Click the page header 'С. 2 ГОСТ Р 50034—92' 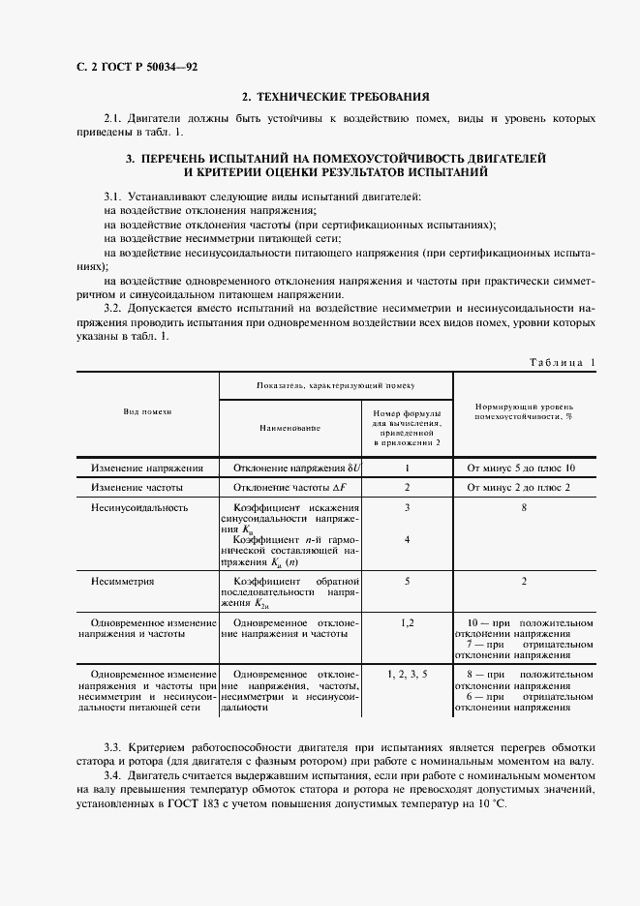[x=110, y=67]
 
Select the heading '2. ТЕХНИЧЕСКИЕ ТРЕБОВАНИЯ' [x=336, y=96]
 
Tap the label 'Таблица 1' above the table [x=563, y=362]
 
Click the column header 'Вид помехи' [x=147, y=411]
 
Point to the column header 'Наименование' [x=290, y=427]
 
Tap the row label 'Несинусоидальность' [x=139, y=507]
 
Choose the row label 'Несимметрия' [x=123, y=582]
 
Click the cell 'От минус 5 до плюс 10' [x=521, y=467]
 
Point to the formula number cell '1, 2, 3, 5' [x=407, y=672]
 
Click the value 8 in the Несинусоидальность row [x=523, y=507]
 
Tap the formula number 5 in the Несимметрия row [x=407, y=582]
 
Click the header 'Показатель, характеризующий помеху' [x=335, y=384]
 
